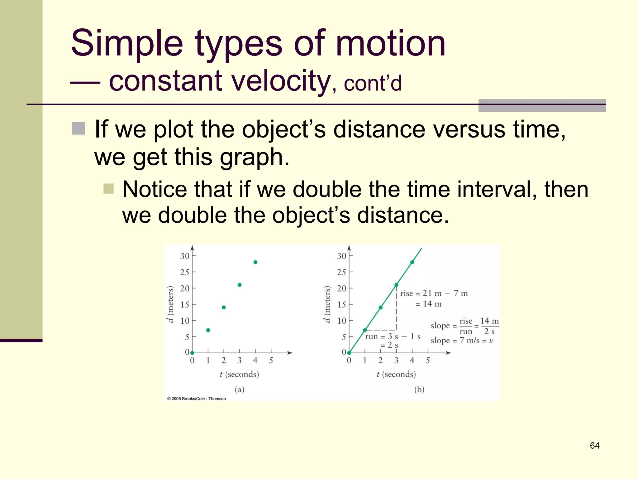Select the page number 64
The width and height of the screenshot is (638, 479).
(594, 445)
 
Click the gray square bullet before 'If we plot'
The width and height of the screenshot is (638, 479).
(79, 128)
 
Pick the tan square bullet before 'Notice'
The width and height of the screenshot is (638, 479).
(108, 188)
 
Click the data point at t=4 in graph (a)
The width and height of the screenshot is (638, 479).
(255, 262)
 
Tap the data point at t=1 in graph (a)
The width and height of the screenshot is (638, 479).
(208, 330)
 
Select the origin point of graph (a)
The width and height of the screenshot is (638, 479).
(192, 353)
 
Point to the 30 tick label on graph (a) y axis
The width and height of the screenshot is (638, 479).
(184, 256)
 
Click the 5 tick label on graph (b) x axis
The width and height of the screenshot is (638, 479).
(428, 360)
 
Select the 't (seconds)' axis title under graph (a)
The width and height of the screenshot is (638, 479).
(239, 374)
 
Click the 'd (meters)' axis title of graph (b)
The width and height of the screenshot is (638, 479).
(326, 304)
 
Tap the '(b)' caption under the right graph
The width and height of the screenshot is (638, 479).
(419, 389)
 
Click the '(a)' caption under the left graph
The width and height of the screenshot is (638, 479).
(239, 389)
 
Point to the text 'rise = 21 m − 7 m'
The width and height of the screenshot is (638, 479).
(434, 293)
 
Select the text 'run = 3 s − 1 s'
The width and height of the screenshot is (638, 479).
(393, 336)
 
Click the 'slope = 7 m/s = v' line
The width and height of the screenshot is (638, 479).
(462, 341)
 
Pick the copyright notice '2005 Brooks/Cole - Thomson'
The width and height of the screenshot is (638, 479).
(197, 399)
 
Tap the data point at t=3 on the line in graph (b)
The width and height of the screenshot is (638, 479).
(396, 285)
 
